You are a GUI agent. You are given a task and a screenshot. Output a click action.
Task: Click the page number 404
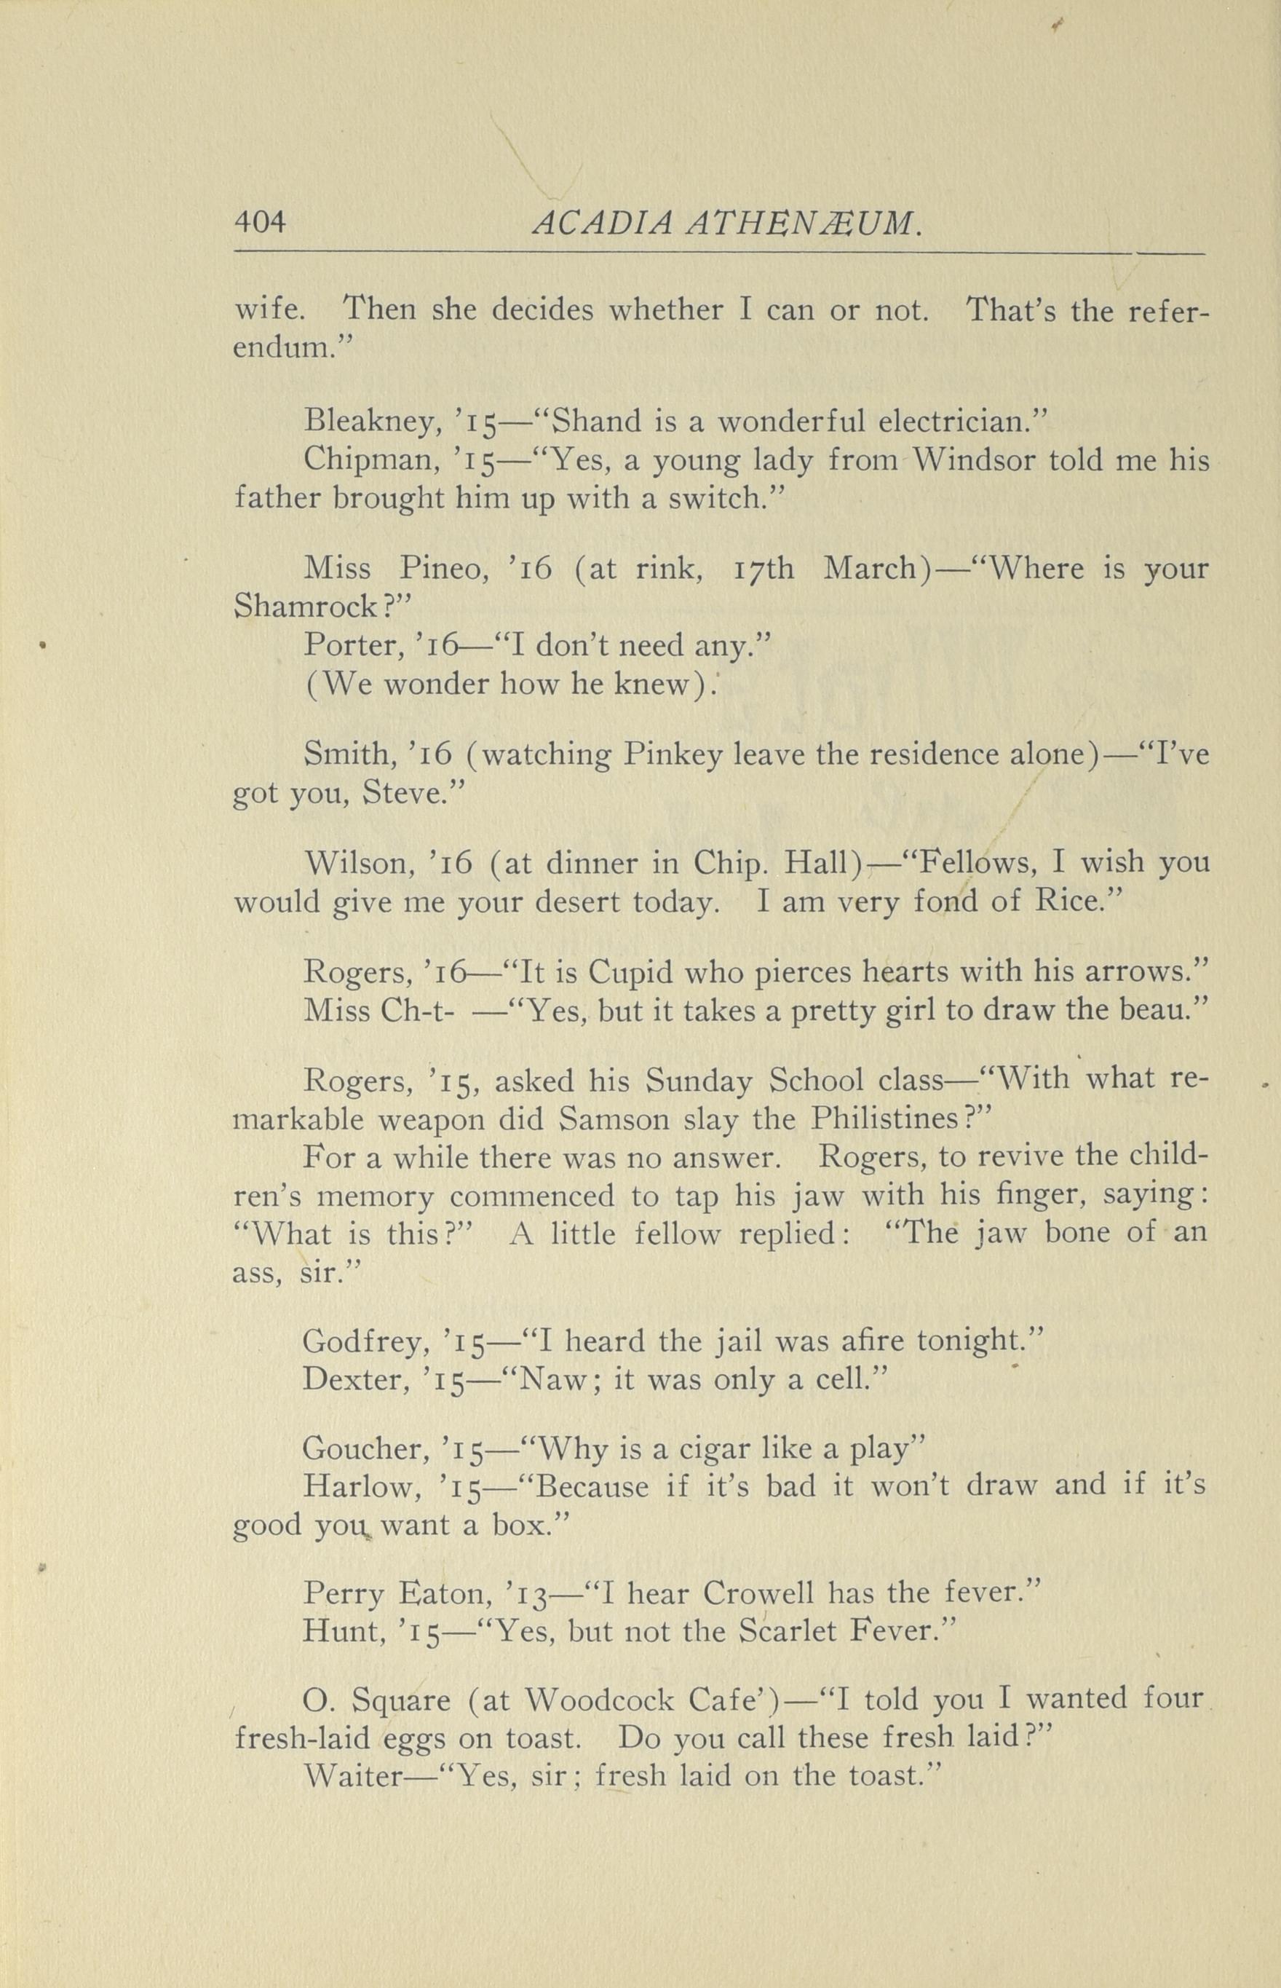[260, 222]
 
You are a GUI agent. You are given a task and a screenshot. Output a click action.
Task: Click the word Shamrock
[304, 607]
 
